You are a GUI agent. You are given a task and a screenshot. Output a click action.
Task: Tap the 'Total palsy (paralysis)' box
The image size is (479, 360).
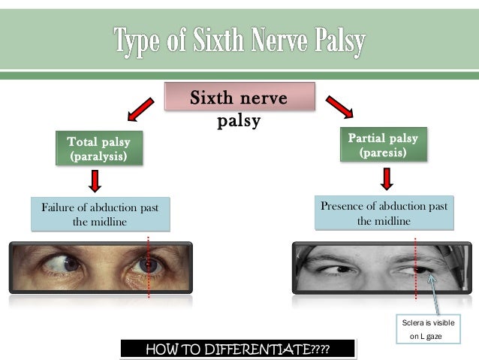click(98, 149)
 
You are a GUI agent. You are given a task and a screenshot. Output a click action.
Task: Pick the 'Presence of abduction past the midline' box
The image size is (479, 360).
click(384, 213)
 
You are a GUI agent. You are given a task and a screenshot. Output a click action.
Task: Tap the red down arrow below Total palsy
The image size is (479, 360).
click(95, 181)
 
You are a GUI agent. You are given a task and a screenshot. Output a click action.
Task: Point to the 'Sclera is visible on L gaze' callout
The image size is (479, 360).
click(430, 329)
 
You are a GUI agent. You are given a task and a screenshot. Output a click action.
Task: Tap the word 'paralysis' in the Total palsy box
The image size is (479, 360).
click(98, 157)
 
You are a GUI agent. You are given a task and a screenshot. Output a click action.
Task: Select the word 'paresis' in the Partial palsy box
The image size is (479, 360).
click(383, 153)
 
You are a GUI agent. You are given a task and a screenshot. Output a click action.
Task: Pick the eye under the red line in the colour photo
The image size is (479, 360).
click(148, 264)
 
